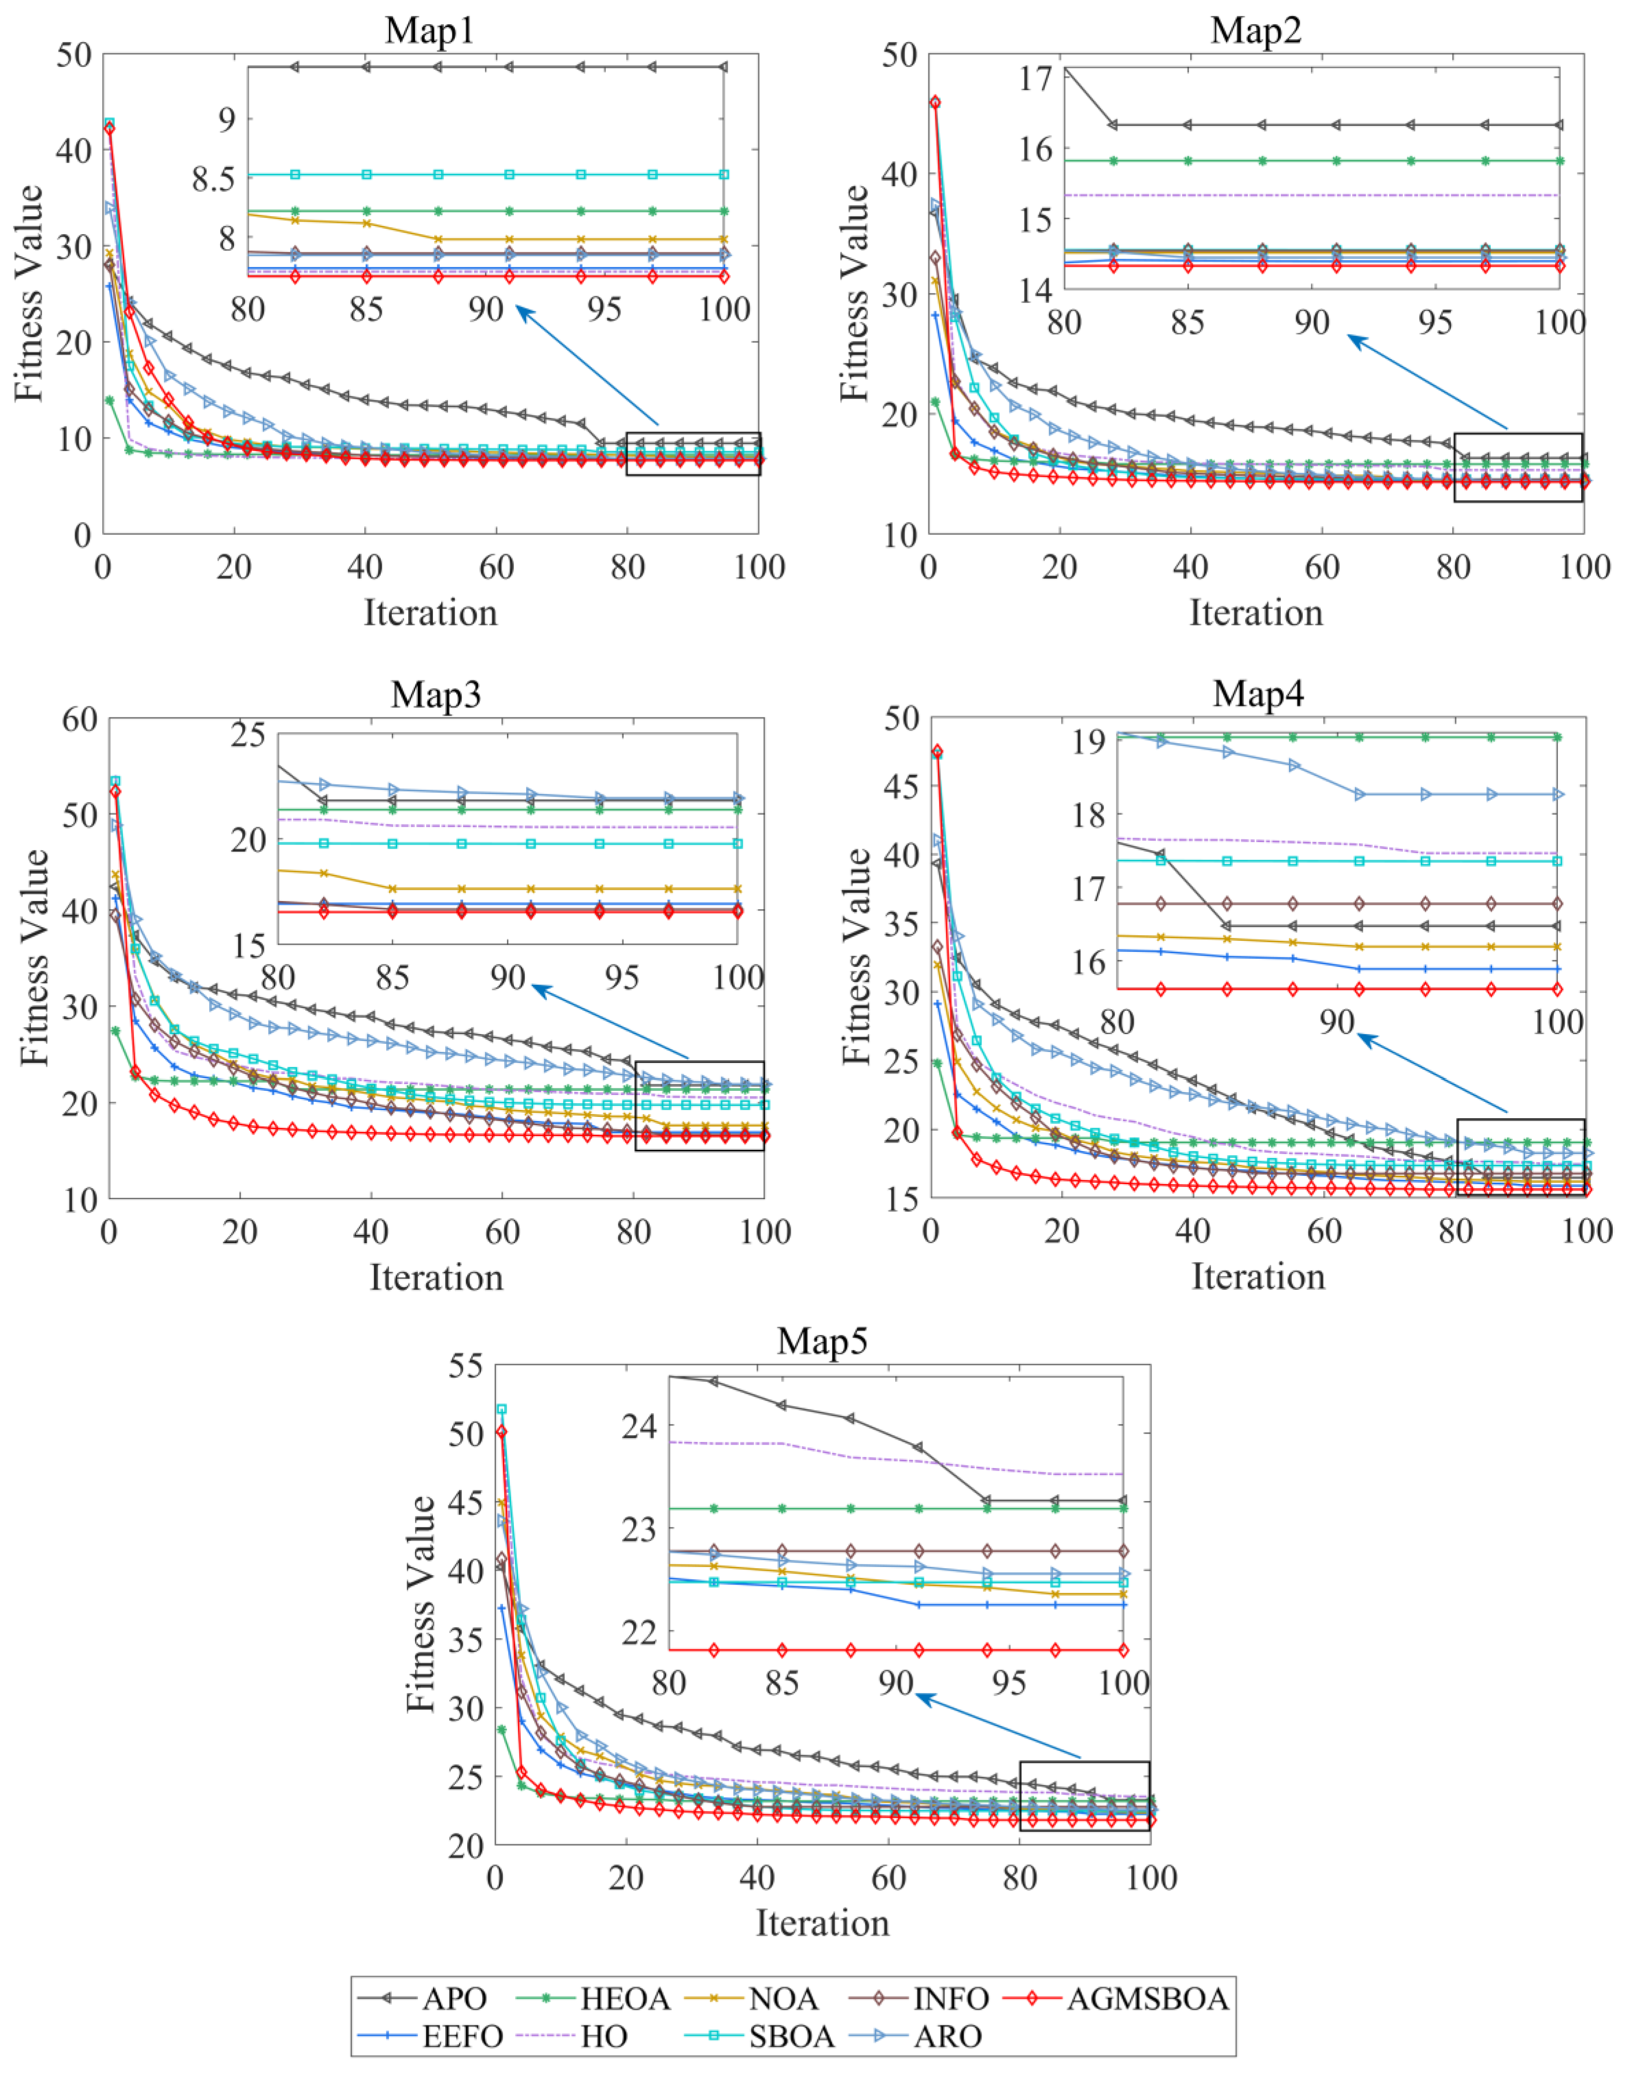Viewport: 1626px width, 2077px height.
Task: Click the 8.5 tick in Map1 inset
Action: [214, 179]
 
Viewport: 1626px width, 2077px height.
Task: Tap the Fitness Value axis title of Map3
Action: [34, 956]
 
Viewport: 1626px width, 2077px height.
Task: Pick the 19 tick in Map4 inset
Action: [1088, 742]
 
